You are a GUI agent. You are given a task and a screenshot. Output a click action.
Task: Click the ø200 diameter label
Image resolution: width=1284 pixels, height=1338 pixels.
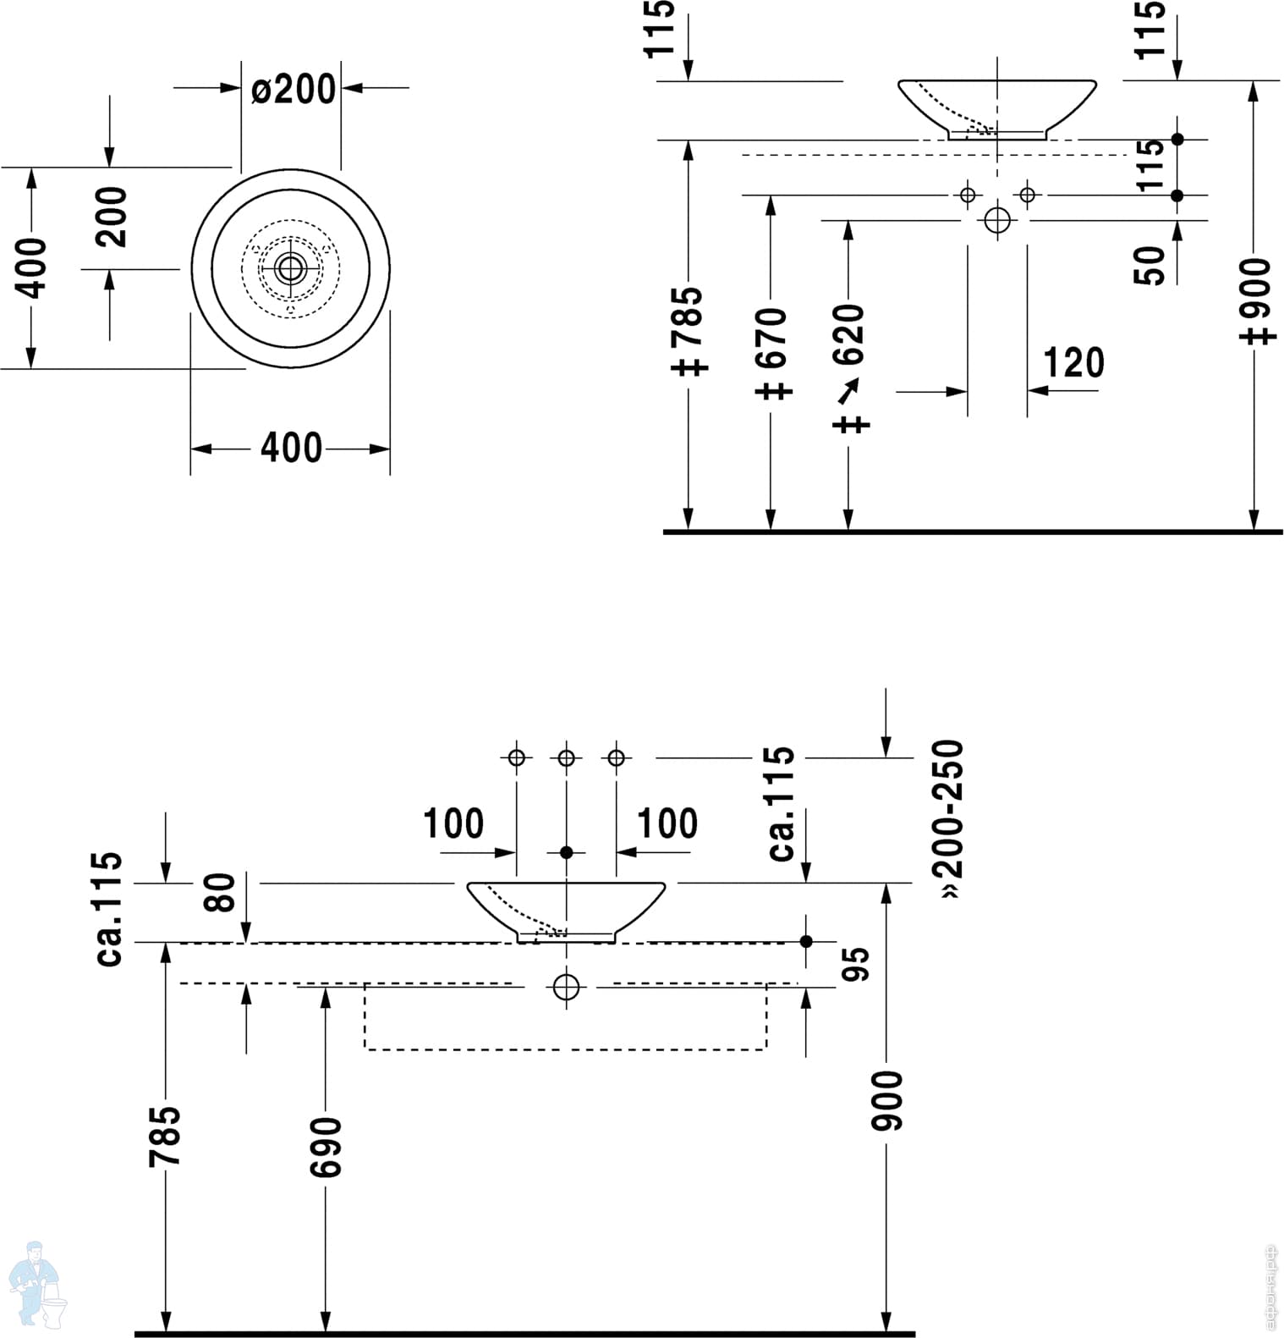[293, 89]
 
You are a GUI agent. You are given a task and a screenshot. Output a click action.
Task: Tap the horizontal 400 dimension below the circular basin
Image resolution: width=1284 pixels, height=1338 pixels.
[291, 448]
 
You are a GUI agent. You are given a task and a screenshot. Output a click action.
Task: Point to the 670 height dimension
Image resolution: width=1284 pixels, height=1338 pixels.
[771, 350]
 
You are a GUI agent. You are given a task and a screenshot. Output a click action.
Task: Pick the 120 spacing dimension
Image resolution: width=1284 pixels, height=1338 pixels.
[1073, 363]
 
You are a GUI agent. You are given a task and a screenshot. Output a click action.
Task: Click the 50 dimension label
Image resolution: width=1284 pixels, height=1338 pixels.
[1149, 265]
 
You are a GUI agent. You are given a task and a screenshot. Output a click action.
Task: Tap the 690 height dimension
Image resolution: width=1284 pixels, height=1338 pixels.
[326, 1147]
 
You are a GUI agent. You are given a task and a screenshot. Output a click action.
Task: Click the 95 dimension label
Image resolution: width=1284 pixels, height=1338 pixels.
[857, 964]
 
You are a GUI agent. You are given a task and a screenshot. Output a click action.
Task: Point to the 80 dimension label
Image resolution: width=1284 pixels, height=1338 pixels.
[221, 892]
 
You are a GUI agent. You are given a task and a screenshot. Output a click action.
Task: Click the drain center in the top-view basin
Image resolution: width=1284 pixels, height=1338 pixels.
[290, 269]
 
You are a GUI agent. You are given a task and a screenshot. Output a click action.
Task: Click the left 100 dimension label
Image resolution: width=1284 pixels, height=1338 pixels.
[453, 823]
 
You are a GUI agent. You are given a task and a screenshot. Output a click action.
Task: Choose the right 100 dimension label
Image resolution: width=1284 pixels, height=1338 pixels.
[667, 823]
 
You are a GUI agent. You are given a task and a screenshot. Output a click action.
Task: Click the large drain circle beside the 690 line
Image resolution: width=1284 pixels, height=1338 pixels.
[566, 987]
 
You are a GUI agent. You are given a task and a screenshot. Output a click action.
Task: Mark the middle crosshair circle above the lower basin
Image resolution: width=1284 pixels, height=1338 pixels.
[566, 757]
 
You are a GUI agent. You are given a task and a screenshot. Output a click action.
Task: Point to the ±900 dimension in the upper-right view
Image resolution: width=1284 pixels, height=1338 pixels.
[1255, 300]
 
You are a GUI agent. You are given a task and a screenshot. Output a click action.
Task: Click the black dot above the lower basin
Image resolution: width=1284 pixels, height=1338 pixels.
[566, 852]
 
